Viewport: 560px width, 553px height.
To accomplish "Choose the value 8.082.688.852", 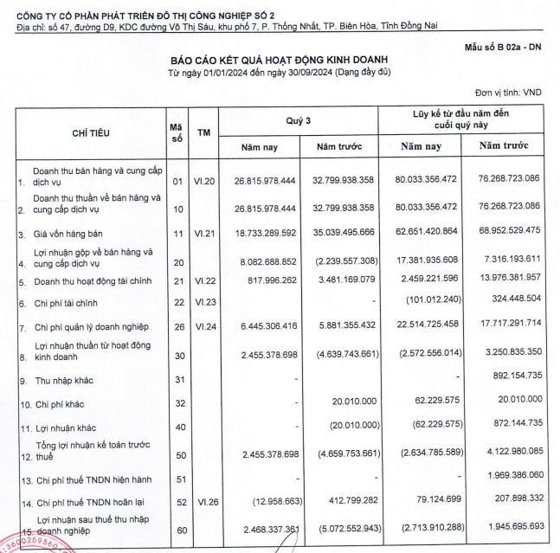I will point(264,258).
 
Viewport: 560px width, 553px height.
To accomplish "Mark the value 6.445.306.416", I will point(264,326).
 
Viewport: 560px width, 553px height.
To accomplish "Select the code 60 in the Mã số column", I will point(177,526).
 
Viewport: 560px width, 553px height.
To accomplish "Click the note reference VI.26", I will point(203,500).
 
